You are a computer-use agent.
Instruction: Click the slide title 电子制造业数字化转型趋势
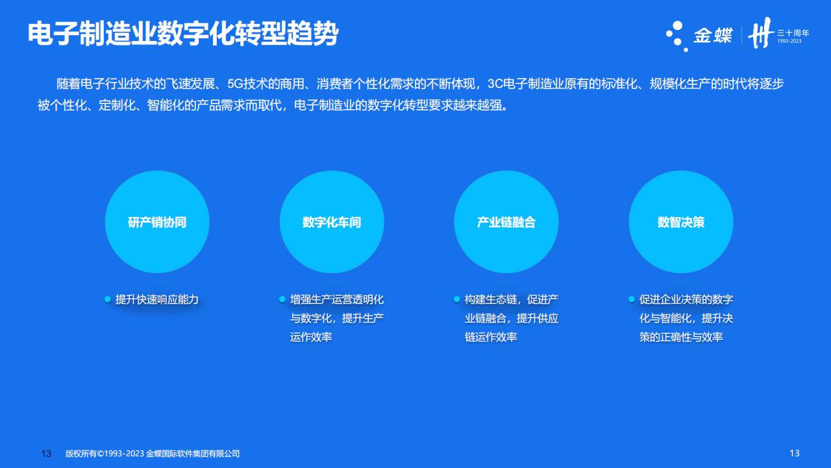[183, 34]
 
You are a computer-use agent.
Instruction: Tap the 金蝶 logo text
[713, 36]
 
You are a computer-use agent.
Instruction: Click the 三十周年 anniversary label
[793, 33]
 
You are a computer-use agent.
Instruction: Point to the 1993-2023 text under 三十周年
[789, 41]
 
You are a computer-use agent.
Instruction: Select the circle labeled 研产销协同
[157, 222]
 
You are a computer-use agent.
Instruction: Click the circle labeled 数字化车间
[332, 222]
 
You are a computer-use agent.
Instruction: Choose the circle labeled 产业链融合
[506, 222]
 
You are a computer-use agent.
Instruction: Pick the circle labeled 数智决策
[681, 222]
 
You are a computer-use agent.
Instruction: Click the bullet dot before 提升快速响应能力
[108, 299]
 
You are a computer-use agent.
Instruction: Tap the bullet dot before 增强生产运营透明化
[282, 299]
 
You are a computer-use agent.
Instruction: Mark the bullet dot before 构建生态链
[456, 299]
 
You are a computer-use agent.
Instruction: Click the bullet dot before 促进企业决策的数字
[632, 299]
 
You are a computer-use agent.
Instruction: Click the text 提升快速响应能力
[157, 300]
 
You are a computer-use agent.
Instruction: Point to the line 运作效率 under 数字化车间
[311, 337]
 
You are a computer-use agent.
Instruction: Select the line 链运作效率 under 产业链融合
[490, 337]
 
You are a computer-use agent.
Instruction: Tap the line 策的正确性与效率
[681, 337]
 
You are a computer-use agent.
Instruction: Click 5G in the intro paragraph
[235, 84]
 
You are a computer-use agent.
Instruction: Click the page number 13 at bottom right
[794, 453]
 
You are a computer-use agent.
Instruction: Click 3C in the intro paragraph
[495, 84]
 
